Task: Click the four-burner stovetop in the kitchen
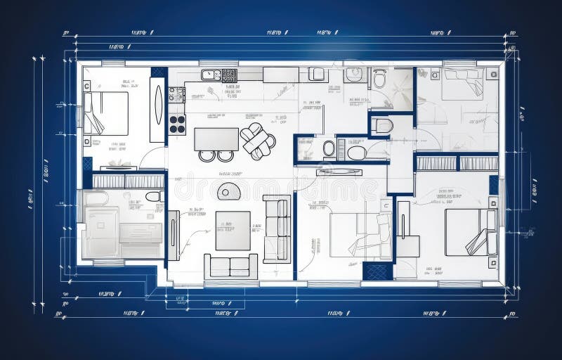coord(177,124)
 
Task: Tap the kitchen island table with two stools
coord(216,139)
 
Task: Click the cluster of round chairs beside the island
coord(257,139)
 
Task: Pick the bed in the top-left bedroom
coord(105,112)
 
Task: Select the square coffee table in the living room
coord(233,231)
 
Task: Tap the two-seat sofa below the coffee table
coord(230,266)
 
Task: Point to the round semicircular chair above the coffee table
coord(228,191)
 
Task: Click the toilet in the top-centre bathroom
coord(379,79)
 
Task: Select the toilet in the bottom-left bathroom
coord(153,196)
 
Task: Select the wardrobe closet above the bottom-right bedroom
coord(457,163)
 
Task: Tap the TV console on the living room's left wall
coord(173,235)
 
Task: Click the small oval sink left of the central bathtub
coord(329,148)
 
